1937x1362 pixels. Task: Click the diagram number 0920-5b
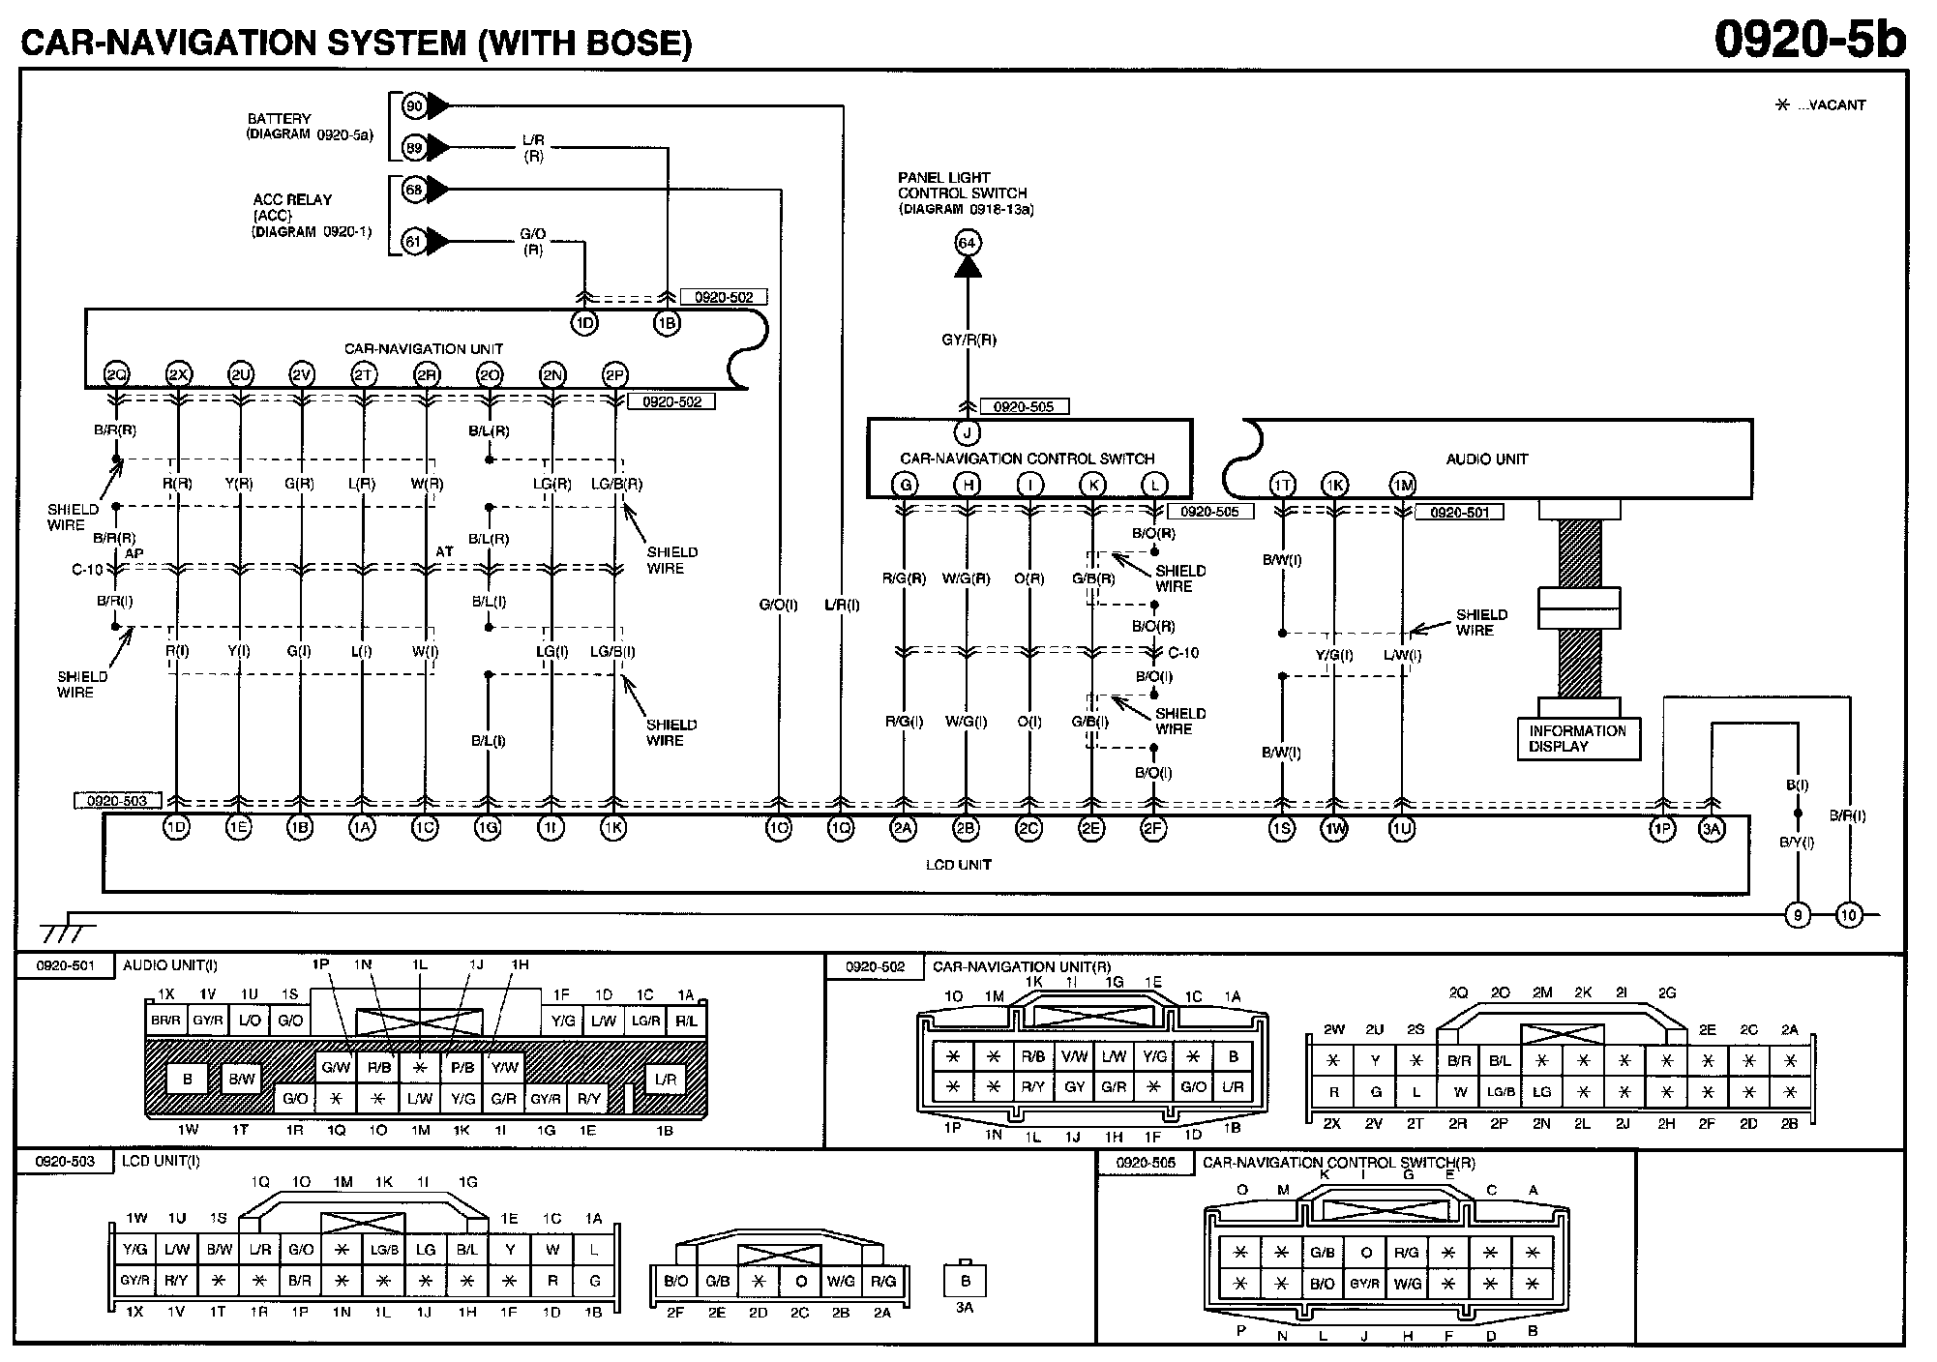click(1809, 41)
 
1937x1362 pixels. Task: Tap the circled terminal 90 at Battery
click(414, 105)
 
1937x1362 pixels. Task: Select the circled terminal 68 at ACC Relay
click(414, 190)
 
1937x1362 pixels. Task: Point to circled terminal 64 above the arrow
click(967, 243)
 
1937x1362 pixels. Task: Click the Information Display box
click(1578, 739)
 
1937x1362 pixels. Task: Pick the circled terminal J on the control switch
click(967, 432)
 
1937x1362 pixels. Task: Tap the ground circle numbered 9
click(1797, 915)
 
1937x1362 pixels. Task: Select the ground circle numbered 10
click(1849, 915)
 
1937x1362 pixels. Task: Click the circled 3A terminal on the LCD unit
click(1712, 829)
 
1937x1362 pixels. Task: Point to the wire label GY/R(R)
click(968, 340)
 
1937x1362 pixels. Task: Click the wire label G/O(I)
click(778, 606)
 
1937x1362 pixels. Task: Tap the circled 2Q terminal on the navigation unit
click(116, 375)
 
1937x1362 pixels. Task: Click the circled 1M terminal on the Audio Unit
click(1402, 486)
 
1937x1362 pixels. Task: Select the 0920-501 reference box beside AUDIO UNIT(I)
click(66, 966)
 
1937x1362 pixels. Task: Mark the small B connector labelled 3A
click(965, 1280)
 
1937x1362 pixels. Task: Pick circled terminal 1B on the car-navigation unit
click(667, 323)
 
